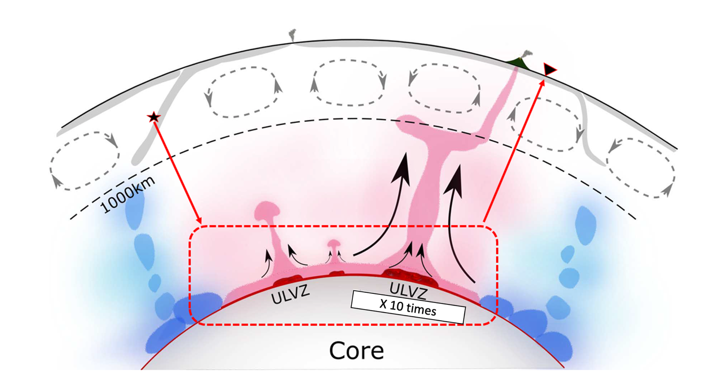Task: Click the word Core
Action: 356,350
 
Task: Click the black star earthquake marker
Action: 153,117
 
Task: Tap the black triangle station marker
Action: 549,69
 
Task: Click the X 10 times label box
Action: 408,307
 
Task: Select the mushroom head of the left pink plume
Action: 268,210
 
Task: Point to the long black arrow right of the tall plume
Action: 461,223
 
